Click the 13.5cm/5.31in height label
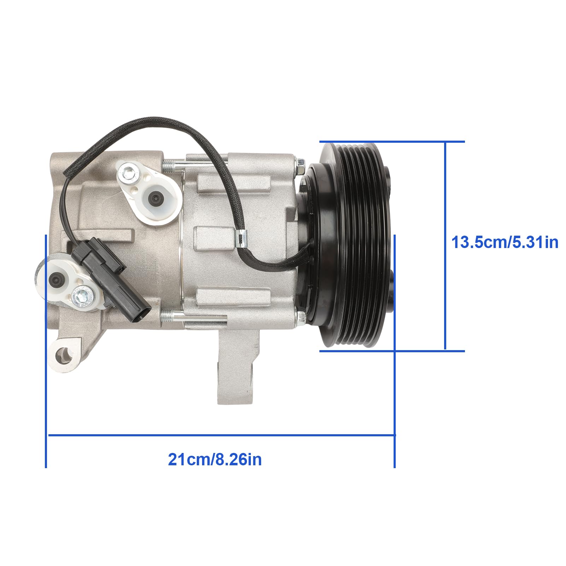505,243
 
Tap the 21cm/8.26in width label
215,460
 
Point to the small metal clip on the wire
241,239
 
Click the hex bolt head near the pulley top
300,163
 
